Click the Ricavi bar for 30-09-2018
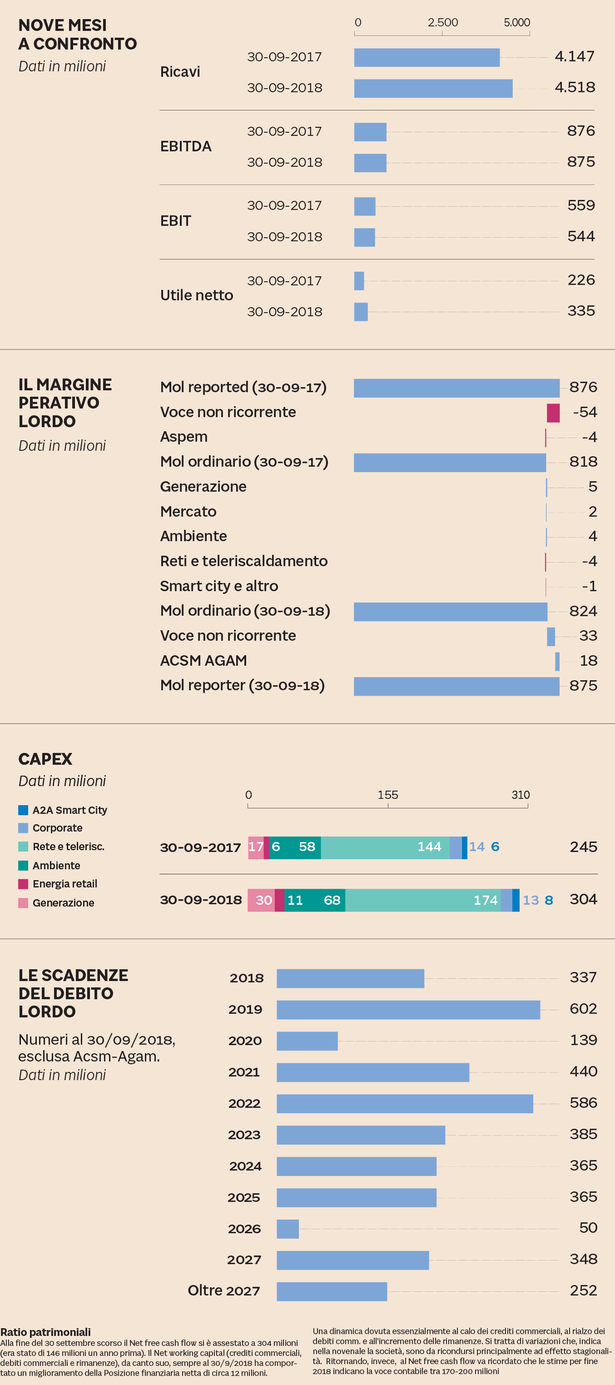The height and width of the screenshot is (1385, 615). pos(433,88)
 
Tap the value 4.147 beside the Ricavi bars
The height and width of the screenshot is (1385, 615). pos(574,56)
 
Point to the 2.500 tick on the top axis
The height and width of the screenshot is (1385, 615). pos(442,23)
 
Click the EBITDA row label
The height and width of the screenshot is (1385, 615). pos(185,146)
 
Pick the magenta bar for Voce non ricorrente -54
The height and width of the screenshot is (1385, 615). pos(553,413)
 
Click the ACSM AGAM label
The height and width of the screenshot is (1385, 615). pos(203,660)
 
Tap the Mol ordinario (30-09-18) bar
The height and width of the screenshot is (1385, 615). pos(450,611)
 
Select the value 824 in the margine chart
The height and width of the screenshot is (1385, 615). pos(583,611)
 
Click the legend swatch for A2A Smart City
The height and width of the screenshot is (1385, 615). pos(23,810)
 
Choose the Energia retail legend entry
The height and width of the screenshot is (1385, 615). pos(64,884)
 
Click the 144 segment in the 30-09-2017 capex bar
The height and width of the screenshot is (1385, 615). pos(385,847)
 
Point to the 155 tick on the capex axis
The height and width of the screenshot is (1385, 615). pos(387,795)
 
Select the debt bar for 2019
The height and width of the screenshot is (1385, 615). pos(408,1010)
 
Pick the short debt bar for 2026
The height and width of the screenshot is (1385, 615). pos(288,1229)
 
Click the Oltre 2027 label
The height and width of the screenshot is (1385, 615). pos(223,1290)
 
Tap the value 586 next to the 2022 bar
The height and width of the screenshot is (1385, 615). pos(583,1103)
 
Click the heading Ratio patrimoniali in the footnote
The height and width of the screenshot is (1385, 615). pos(46,1332)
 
